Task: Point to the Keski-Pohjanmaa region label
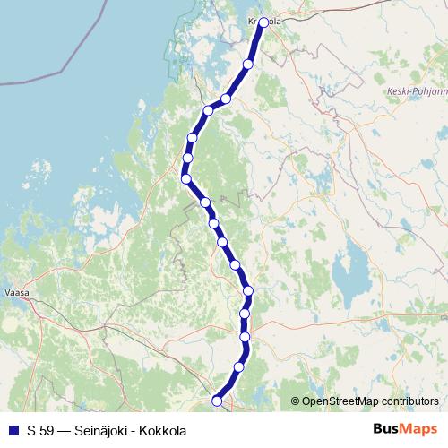click(x=416, y=91)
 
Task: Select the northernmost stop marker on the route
click(x=263, y=22)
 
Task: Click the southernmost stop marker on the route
click(x=216, y=401)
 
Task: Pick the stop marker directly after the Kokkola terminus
click(x=248, y=64)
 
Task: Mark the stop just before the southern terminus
click(x=238, y=367)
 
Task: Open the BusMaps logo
click(x=405, y=429)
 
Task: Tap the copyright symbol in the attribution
click(x=295, y=401)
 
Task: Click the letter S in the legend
click(x=30, y=430)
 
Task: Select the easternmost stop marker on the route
click(x=263, y=22)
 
